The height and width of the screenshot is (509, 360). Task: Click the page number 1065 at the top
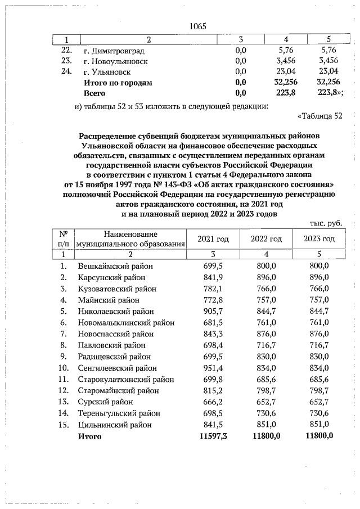(x=198, y=26)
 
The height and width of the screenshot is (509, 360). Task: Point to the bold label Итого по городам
(x=118, y=83)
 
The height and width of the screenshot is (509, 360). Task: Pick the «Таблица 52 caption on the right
(x=319, y=116)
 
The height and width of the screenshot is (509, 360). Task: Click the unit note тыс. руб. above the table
(x=326, y=223)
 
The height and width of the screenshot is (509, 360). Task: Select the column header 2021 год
(x=213, y=239)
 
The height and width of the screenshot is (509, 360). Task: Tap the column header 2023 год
(x=319, y=239)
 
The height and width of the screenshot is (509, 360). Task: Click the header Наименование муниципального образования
(x=130, y=239)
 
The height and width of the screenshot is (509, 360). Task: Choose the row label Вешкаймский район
(x=115, y=265)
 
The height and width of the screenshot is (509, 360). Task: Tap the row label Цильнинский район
(x=115, y=425)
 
